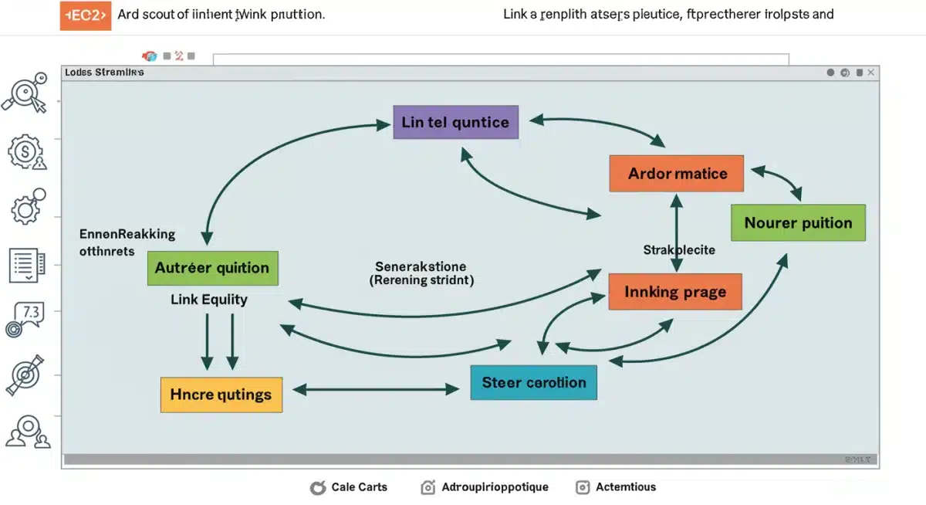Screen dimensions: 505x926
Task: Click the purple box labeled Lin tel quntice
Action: [x=455, y=122]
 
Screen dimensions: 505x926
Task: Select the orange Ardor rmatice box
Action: [x=676, y=173]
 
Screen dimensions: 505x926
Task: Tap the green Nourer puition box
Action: [x=798, y=223]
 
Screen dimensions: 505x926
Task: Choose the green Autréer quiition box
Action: [x=212, y=268]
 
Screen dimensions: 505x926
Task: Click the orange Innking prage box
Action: [x=675, y=291]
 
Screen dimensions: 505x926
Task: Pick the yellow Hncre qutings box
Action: [x=221, y=395]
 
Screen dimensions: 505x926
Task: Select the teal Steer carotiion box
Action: [x=533, y=382]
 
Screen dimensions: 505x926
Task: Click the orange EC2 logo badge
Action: [x=85, y=15]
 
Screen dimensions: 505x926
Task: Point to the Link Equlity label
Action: [x=209, y=300]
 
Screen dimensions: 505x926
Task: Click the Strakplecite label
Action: [x=679, y=249]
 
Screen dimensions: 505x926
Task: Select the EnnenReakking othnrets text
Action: [x=127, y=242]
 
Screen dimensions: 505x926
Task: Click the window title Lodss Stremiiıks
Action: [x=104, y=73]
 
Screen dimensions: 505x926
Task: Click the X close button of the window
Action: [x=870, y=73]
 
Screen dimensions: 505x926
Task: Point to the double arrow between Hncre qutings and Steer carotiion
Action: [x=377, y=390]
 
